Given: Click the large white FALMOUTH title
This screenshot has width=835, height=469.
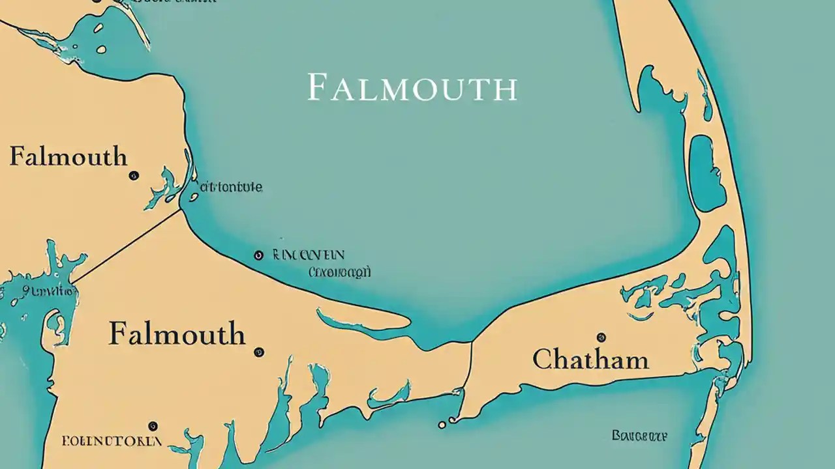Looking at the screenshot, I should (412, 88).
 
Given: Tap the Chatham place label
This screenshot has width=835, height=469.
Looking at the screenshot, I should (590, 360).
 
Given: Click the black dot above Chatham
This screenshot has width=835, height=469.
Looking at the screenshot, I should (601, 337).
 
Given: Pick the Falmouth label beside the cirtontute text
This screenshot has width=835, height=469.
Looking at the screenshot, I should (68, 157).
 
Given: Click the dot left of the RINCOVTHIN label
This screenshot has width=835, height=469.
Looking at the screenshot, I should (258, 255).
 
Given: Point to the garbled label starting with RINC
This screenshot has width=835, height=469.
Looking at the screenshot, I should (309, 255).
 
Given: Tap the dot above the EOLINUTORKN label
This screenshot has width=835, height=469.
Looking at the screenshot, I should (153, 426).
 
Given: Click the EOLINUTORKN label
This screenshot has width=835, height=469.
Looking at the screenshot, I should (112, 441).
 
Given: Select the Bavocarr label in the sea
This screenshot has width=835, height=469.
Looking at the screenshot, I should (639, 435).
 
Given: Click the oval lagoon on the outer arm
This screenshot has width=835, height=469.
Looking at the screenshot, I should (703, 173).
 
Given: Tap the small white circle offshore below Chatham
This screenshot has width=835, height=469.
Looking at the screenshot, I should (442, 425).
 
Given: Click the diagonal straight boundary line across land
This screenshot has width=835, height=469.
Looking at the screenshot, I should (127, 246).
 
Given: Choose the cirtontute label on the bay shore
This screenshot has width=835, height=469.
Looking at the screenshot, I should (230, 188).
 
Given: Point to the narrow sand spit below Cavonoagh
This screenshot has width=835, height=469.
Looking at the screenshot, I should (365, 320).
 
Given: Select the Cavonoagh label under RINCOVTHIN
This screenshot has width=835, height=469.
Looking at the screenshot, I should (339, 272).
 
